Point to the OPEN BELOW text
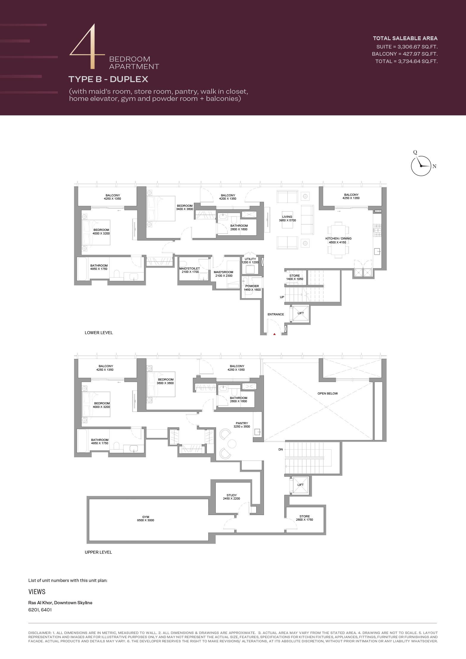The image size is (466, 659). click(328, 393)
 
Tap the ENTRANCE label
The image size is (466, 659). click(276, 314)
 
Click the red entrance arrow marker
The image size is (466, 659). click(275, 334)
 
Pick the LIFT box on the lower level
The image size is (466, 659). click(301, 313)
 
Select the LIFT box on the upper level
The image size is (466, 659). click(301, 485)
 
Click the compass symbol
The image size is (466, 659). click(421, 166)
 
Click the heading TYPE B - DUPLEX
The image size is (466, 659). click(108, 79)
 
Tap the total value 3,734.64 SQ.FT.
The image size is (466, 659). click(418, 61)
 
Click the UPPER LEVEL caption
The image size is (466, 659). click(98, 552)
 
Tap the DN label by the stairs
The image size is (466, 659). click(281, 450)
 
